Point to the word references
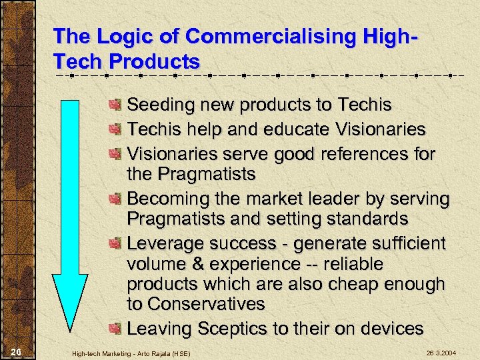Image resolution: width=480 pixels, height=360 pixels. [x=357, y=154]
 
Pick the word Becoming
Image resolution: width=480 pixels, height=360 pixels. [x=167, y=199]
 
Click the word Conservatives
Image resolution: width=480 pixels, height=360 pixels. [x=207, y=305]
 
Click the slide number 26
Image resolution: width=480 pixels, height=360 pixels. [x=17, y=351]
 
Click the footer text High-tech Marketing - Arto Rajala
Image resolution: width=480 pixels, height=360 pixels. [x=131, y=352]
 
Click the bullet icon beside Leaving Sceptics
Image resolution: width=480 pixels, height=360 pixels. [x=116, y=329]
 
